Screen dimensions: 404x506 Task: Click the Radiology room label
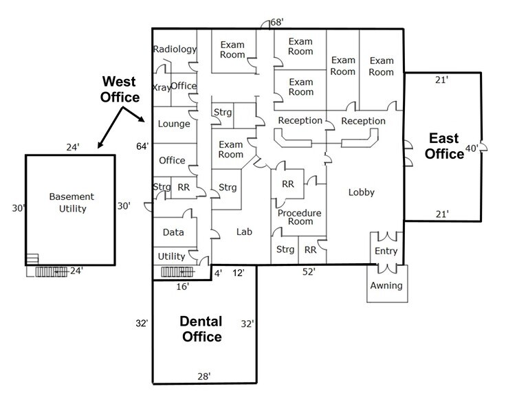(175, 49)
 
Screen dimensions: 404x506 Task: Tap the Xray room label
(161, 87)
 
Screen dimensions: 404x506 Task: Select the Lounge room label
(174, 124)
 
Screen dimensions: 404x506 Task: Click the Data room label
(173, 233)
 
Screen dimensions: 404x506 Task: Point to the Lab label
(244, 232)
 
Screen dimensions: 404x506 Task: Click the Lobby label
(361, 192)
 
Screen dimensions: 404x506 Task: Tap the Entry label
(386, 251)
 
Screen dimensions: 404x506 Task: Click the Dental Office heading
(201, 329)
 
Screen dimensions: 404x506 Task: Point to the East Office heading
(444, 146)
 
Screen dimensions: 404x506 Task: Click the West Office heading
(120, 89)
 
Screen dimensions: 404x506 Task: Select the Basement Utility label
(71, 203)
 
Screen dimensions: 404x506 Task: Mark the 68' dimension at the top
(277, 23)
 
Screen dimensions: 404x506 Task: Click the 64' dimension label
(143, 146)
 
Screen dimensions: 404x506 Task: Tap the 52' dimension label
(309, 273)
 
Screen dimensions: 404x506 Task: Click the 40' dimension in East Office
(472, 148)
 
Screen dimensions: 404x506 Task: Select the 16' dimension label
(182, 287)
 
